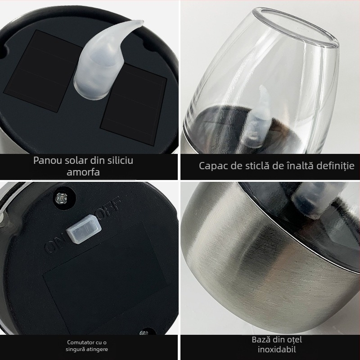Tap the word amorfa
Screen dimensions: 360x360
click(x=83, y=172)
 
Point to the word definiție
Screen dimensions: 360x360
click(x=335, y=165)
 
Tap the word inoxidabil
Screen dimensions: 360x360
click(x=277, y=350)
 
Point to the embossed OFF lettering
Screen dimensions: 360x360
click(x=109, y=208)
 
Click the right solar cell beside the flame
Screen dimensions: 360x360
click(x=134, y=104)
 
